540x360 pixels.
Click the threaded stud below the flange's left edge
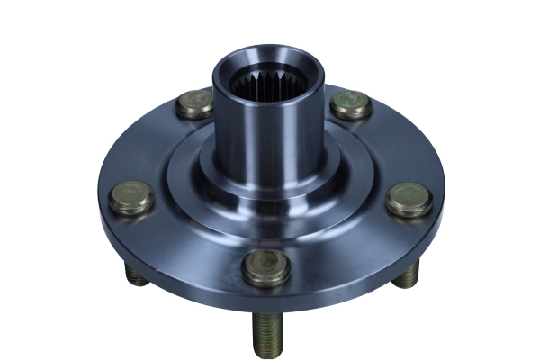tap(138, 277)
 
